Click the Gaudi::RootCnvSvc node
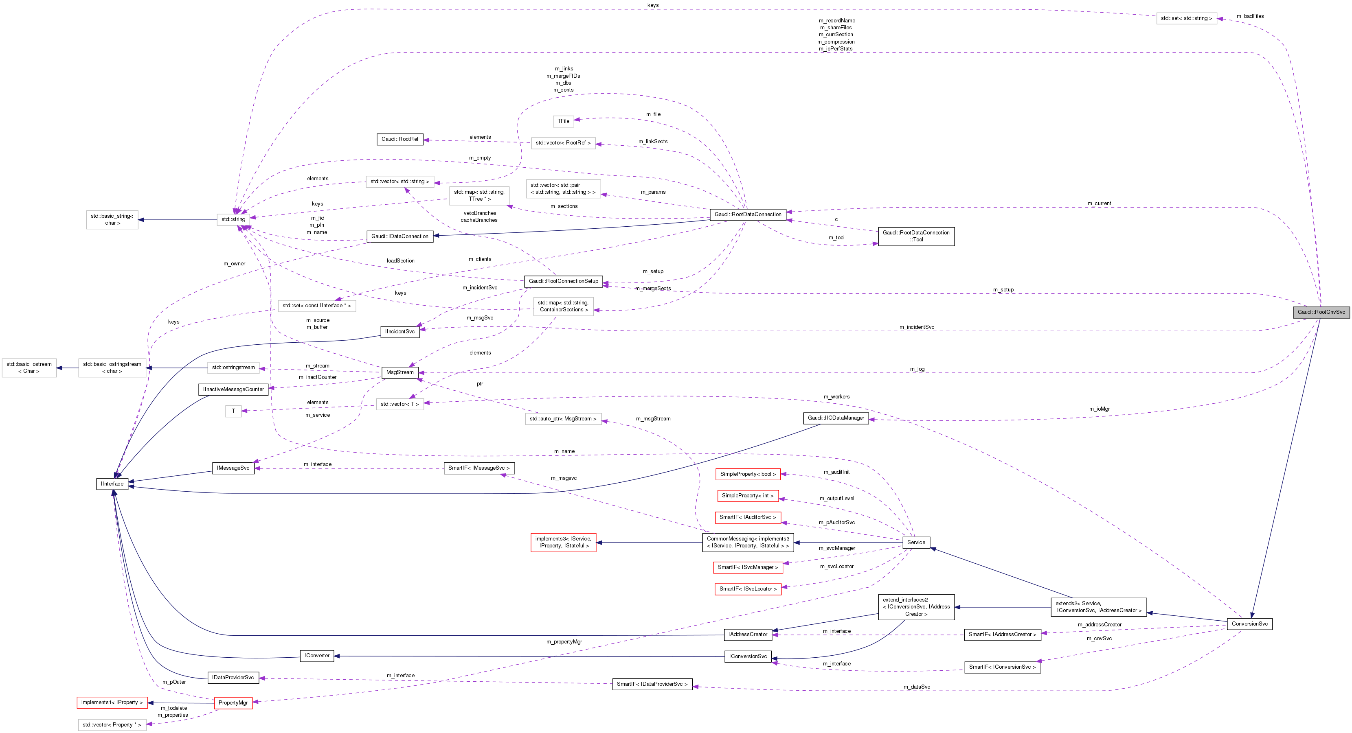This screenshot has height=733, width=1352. [x=1321, y=312]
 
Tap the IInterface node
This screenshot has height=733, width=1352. [x=112, y=484]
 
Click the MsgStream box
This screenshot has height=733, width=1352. [x=400, y=372]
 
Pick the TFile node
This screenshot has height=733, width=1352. [x=563, y=121]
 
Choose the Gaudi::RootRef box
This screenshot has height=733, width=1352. [x=400, y=139]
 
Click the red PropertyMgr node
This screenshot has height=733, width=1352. [x=233, y=702]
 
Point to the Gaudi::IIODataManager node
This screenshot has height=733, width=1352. [x=836, y=418]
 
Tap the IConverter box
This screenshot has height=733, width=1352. [x=317, y=656]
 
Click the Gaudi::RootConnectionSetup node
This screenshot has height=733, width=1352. [x=563, y=281]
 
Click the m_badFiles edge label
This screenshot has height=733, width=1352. [x=1250, y=16]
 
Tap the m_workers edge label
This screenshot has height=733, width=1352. [x=836, y=397]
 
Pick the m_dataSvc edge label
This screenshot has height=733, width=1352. [x=916, y=687]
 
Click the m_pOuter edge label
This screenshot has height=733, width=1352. [x=174, y=682]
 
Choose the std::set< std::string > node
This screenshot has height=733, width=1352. [x=1186, y=18]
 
